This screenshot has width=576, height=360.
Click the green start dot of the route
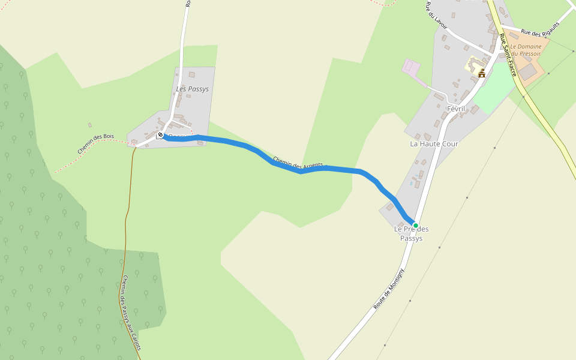tap(415, 226)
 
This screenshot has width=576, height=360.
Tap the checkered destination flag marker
tap(160, 135)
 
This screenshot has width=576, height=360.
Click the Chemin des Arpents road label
tap(298, 162)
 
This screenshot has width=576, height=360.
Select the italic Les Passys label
tap(193, 89)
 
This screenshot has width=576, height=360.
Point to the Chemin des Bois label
tap(95, 144)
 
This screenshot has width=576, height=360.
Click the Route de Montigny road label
tap(389, 289)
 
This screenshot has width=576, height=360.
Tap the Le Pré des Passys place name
tap(411, 233)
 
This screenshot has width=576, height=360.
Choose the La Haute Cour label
tap(434, 144)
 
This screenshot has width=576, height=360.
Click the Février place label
tap(456, 109)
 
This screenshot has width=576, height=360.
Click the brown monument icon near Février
tap(481, 73)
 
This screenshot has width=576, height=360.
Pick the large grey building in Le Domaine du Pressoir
tap(528, 72)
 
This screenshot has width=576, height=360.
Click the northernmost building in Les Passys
tap(191, 75)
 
